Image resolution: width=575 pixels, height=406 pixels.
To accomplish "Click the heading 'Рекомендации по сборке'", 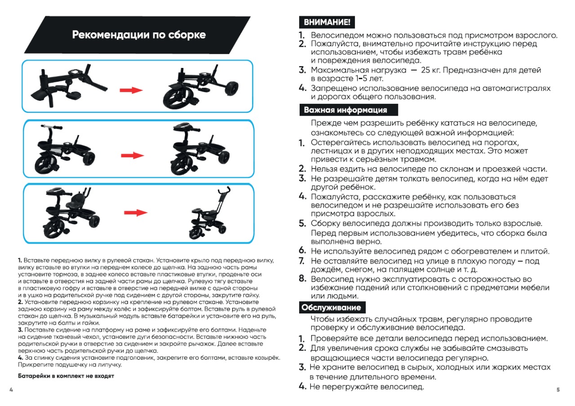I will pos(139,35).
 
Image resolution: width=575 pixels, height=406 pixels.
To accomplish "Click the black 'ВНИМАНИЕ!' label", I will pos(327,22).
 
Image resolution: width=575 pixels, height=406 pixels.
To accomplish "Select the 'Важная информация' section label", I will pos(345,110).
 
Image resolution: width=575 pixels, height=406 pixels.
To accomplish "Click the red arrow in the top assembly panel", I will pos(131,90).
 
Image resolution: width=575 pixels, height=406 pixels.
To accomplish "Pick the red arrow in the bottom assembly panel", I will pos(136,213).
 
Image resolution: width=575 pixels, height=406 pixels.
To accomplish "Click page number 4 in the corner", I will pos(11,389).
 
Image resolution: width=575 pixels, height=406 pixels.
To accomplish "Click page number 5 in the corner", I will pos(558,390).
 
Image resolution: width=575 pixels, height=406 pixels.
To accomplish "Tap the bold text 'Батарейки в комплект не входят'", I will pos(66,376).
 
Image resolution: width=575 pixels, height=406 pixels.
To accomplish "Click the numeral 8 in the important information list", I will pos(302,279).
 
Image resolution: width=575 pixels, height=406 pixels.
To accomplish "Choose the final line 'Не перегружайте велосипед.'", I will pos(367,387).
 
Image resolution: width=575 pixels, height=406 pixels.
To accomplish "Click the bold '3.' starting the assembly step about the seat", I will pos(20,330).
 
